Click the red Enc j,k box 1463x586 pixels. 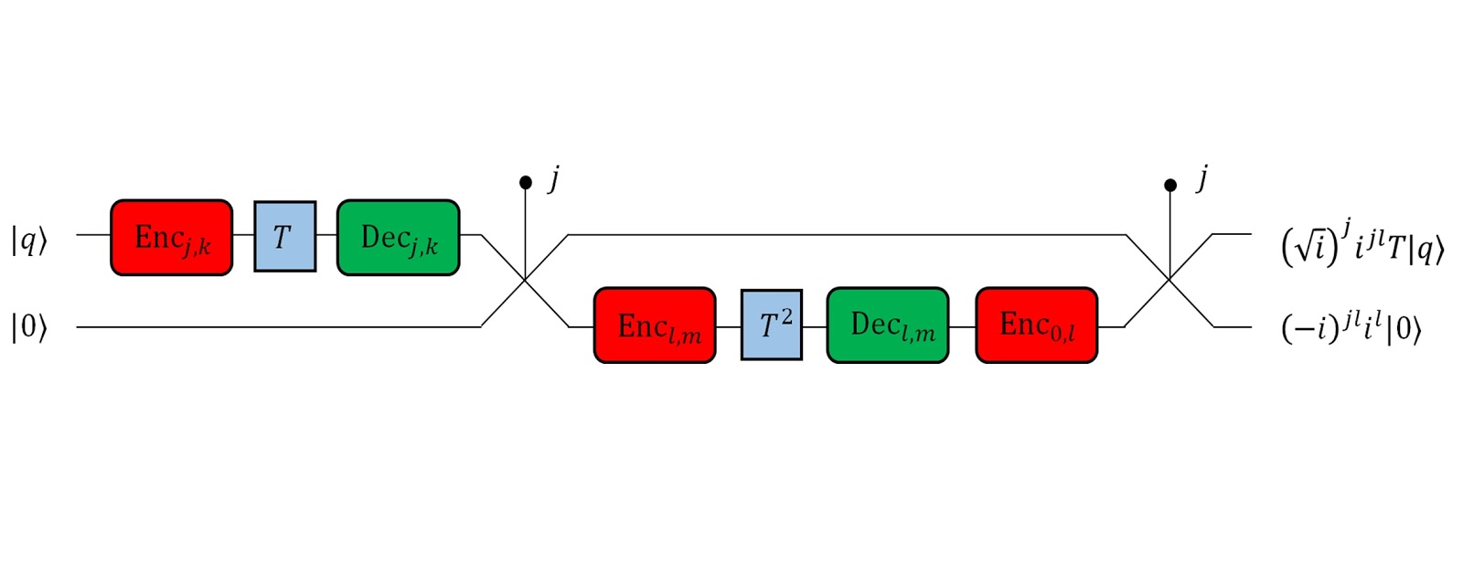point(172,238)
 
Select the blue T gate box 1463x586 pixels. point(285,237)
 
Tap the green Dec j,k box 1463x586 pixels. point(399,238)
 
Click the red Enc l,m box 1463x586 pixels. point(655,325)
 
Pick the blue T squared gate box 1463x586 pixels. point(772,325)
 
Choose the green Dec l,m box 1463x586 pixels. point(888,325)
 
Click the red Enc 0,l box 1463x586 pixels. point(1037,325)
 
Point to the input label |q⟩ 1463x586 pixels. point(28,240)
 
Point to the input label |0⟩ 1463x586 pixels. point(28,326)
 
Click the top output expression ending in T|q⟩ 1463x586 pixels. point(1362,245)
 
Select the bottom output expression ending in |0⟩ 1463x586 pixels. point(1351,328)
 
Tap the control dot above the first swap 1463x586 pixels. point(526,183)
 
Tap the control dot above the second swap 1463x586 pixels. point(1170,186)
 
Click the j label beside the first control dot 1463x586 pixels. point(554,177)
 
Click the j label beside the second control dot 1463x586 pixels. point(1202,177)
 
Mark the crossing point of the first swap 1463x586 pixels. point(526,280)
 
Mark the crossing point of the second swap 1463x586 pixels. point(1170,280)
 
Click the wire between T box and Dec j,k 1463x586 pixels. point(326,236)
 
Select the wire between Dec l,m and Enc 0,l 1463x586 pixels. point(962,326)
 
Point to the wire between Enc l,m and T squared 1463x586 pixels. point(728,326)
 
